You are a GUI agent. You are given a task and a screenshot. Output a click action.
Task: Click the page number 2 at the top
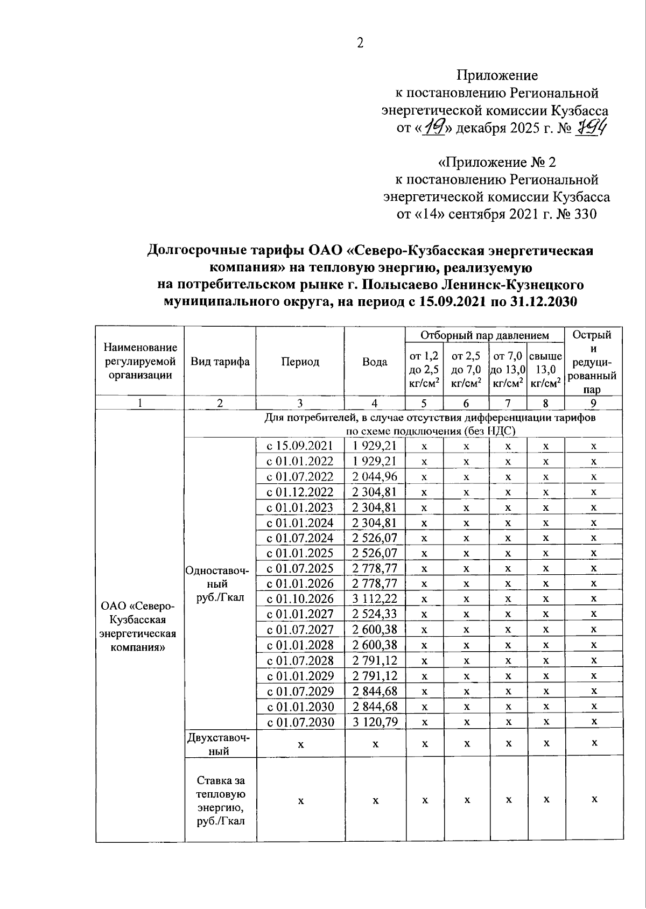360,43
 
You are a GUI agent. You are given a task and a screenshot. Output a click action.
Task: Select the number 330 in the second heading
585,214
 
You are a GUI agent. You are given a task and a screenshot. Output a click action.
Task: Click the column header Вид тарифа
220,361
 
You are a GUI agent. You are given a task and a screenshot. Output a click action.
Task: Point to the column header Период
300,361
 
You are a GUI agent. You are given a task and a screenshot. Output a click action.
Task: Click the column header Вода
375,361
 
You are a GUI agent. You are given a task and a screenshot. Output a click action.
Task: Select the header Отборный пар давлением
484,335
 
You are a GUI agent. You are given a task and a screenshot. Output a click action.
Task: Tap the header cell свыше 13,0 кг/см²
546,369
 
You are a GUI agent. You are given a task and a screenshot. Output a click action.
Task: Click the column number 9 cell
593,403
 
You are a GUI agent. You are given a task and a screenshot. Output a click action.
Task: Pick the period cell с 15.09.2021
300,446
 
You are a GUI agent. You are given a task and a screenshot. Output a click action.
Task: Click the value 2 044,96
375,476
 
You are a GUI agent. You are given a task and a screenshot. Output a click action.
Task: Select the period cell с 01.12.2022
300,492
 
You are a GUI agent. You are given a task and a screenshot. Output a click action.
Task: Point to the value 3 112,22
375,598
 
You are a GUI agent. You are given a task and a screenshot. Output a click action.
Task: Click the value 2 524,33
375,614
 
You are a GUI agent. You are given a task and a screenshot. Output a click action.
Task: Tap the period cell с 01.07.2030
300,722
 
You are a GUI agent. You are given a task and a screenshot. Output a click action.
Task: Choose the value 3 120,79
375,722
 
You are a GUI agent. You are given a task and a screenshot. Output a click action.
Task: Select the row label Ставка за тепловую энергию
220,800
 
